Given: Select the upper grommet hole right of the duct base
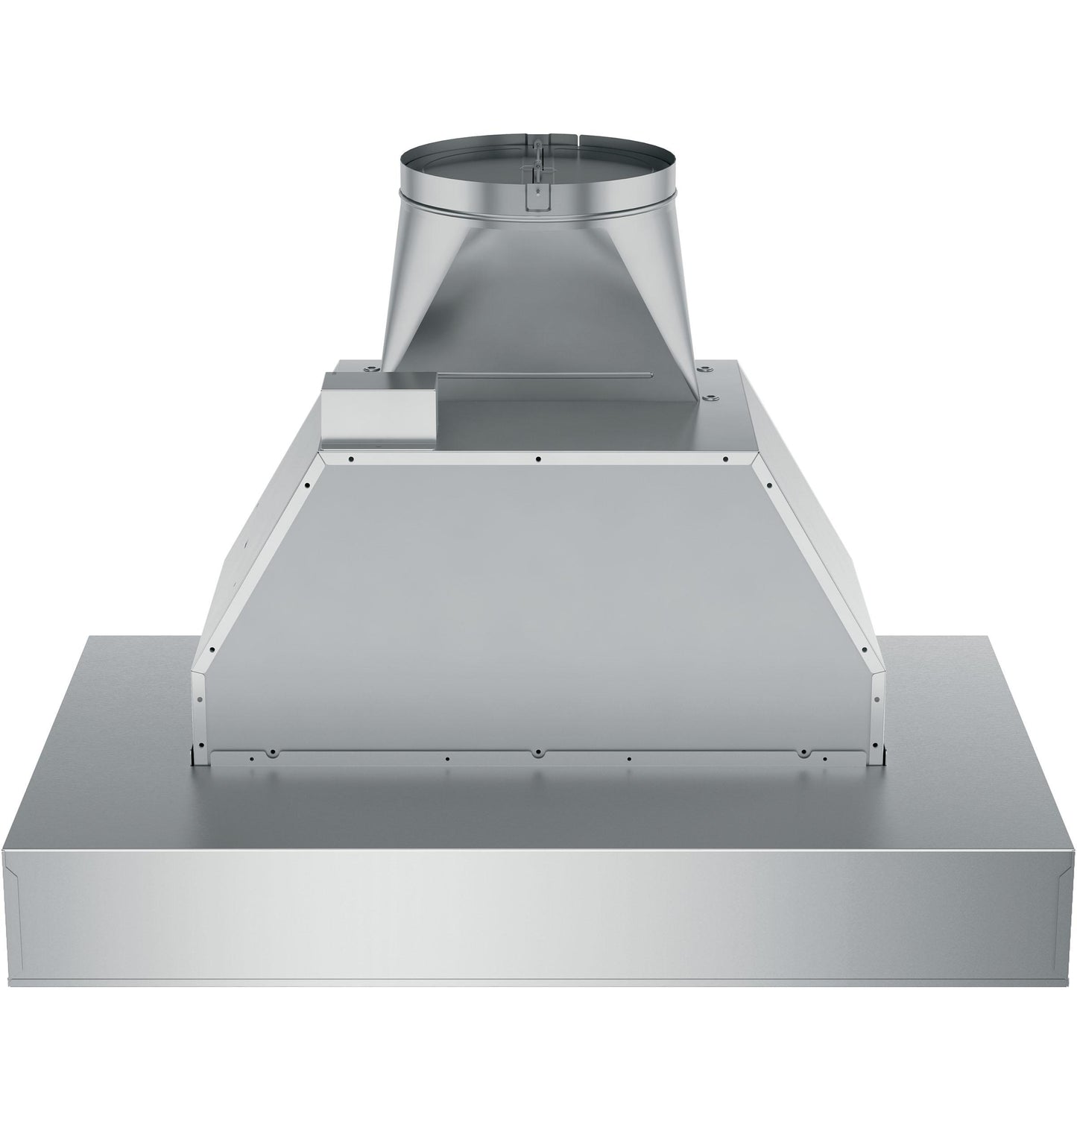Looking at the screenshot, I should pyautogui.click(x=702, y=368).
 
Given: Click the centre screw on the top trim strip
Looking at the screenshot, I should pyautogui.click(x=537, y=458).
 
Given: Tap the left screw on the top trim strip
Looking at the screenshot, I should pyautogui.click(x=350, y=458).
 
